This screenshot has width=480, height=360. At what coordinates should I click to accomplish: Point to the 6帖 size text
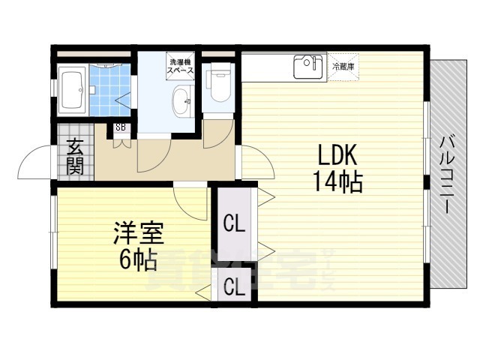pyautogui.click(x=137, y=259)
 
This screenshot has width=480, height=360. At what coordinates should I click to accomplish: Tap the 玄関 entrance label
pyautogui.click(x=74, y=157)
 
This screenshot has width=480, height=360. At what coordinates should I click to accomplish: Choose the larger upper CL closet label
pyautogui.click(x=234, y=223)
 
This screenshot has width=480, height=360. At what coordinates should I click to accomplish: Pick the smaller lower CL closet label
pyautogui.click(x=234, y=287)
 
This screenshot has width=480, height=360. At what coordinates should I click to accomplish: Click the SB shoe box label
pyautogui.click(x=121, y=128)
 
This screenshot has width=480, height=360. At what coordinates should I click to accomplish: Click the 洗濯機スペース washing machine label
pyautogui.click(x=181, y=66)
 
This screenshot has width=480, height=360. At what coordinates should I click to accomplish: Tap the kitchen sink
pyautogui.click(x=307, y=67)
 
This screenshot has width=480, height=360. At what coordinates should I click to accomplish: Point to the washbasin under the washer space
pyautogui.click(x=182, y=101)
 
